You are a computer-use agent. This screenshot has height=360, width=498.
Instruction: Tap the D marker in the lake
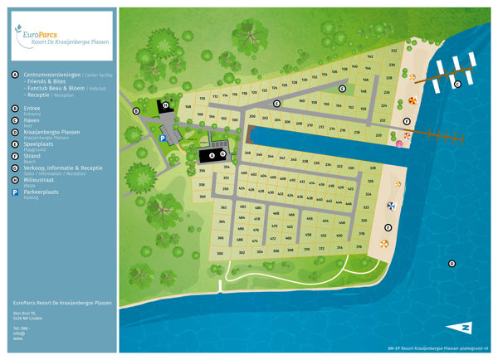pos(452,264)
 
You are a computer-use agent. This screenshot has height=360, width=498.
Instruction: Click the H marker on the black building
pos(166,105)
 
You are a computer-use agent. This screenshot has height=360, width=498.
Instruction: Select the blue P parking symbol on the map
pos(163,139)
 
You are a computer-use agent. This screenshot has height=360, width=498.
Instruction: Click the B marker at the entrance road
pos(135,110)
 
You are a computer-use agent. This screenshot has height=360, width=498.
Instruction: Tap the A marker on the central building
pos(211,155)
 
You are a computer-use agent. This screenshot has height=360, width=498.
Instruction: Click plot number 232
pos(392,51)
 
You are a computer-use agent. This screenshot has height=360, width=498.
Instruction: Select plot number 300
pos(220,252)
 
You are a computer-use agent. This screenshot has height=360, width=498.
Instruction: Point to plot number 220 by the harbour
pos(378,134)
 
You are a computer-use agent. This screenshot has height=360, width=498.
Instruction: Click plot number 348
pos(247,154)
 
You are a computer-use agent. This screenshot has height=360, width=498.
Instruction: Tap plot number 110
pos(202,98)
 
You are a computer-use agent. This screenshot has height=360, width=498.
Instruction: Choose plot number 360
pos(203,196)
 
